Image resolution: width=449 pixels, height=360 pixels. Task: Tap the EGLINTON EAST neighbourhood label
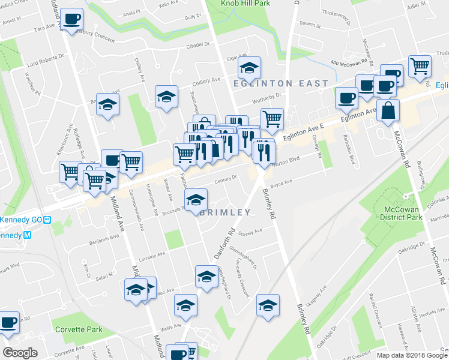tap(282, 83)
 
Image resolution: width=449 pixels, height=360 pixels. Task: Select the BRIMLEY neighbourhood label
tap(224, 212)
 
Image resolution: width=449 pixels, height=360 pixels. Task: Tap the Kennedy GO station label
tap(22, 220)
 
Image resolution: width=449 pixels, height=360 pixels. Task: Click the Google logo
tap(20, 353)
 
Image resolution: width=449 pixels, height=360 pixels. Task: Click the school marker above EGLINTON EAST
tap(249, 67)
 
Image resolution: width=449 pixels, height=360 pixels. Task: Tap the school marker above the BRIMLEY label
tap(195, 200)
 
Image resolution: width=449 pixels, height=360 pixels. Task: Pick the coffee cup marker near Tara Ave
tap(71, 20)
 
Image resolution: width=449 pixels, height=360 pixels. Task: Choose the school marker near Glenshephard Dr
tap(206, 277)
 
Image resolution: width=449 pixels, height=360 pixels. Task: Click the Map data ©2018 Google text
tap(411, 355)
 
